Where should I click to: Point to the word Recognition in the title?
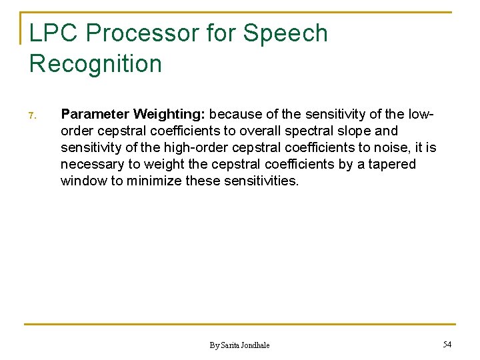[x=95, y=64]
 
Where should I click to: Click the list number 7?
[x=31, y=117]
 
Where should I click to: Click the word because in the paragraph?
[x=236, y=115]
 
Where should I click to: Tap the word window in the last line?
[x=83, y=181]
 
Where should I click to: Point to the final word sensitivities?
[x=259, y=181]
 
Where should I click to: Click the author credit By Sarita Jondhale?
[x=239, y=345]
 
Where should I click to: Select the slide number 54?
[x=447, y=344]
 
